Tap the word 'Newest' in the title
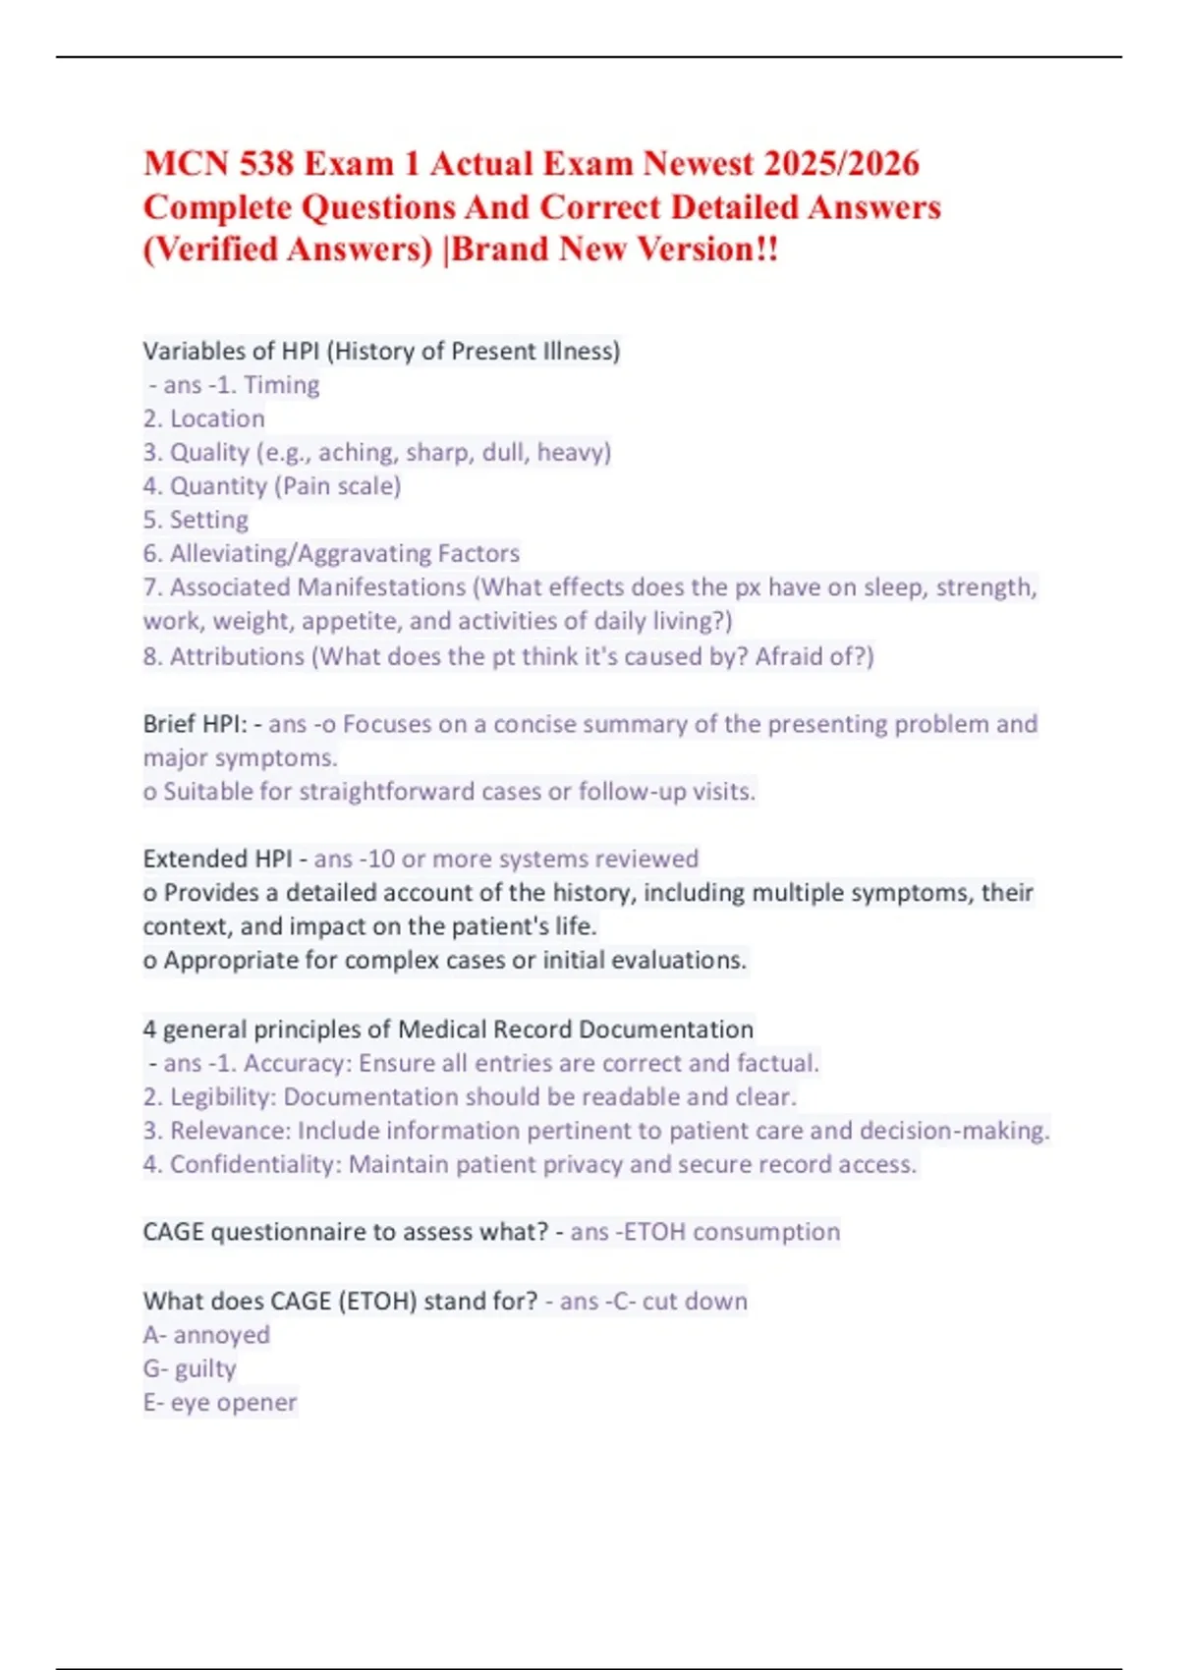tap(698, 163)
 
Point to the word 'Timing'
tap(281, 385)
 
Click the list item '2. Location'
tap(204, 418)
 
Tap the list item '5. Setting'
tap(196, 520)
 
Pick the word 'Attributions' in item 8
tap(237, 656)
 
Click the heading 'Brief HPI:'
tap(196, 724)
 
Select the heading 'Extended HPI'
tap(217, 859)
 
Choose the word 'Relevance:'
tap(230, 1131)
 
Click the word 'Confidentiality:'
tap(255, 1165)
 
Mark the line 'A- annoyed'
tap(206, 1335)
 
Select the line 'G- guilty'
tap(190, 1368)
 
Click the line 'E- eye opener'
tap(220, 1403)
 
